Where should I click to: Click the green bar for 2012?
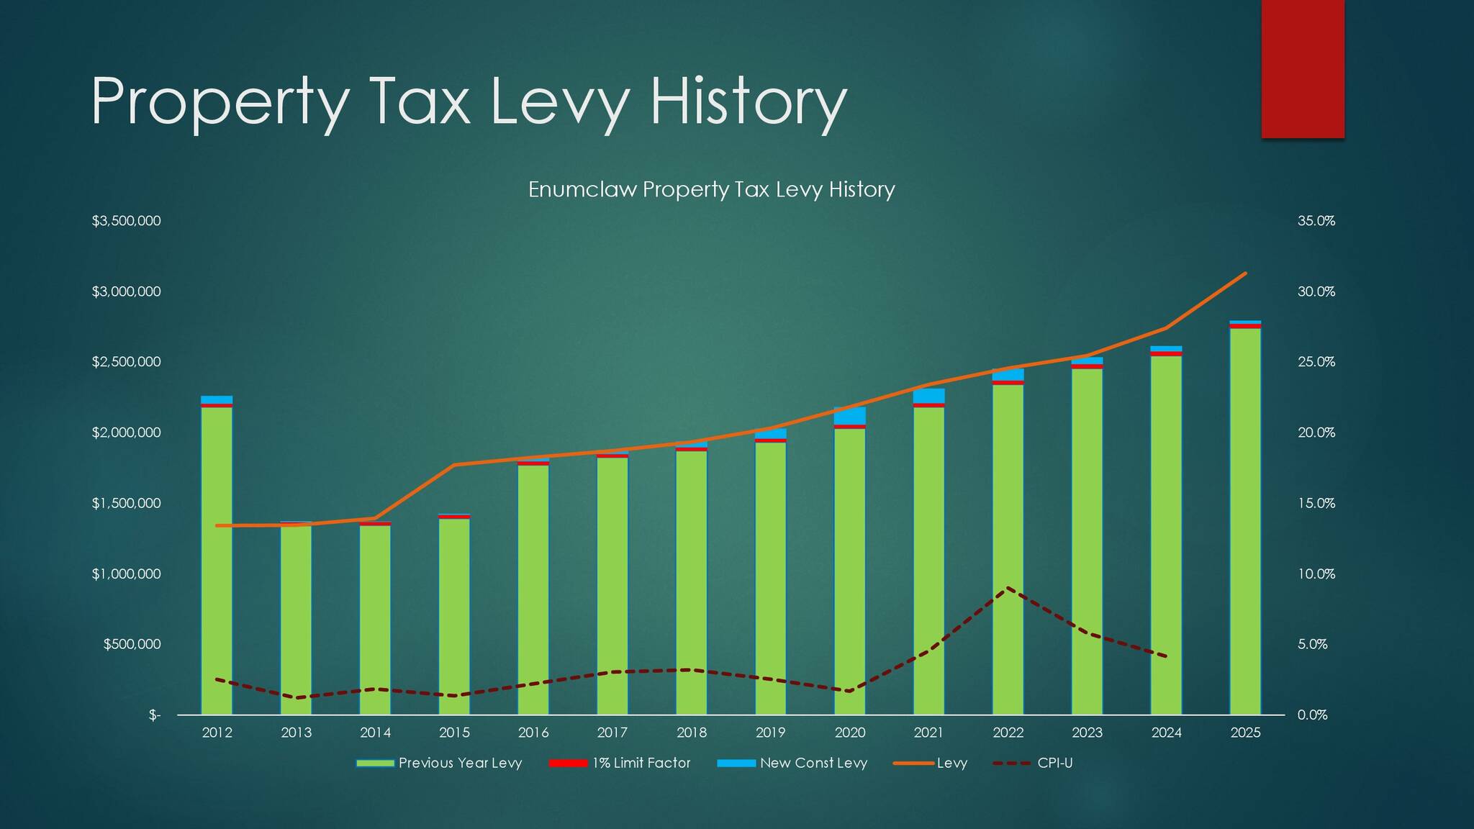[x=217, y=561]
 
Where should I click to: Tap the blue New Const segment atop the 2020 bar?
[x=849, y=416]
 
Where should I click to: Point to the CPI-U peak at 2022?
[x=1008, y=588]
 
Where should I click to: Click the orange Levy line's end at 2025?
[x=1245, y=273]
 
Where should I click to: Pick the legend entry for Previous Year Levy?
[x=439, y=763]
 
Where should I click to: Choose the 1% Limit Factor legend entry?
[x=620, y=763]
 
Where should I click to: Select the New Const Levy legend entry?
[x=792, y=763]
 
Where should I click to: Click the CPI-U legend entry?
[x=1034, y=763]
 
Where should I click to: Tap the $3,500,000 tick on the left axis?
[x=126, y=221]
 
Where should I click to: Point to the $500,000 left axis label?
[x=132, y=644]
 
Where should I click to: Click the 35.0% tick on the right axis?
[x=1316, y=221]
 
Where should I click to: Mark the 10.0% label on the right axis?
[x=1316, y=574]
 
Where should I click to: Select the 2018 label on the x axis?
[x=691, y=733]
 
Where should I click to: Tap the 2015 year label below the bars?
[x=454, y=733]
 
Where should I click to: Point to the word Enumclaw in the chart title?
[x=582, y=189]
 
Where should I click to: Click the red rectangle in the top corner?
[x=1303, y=68]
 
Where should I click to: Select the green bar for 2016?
[x=533, y=590]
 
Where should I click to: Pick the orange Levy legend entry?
[x=931, y=763]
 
